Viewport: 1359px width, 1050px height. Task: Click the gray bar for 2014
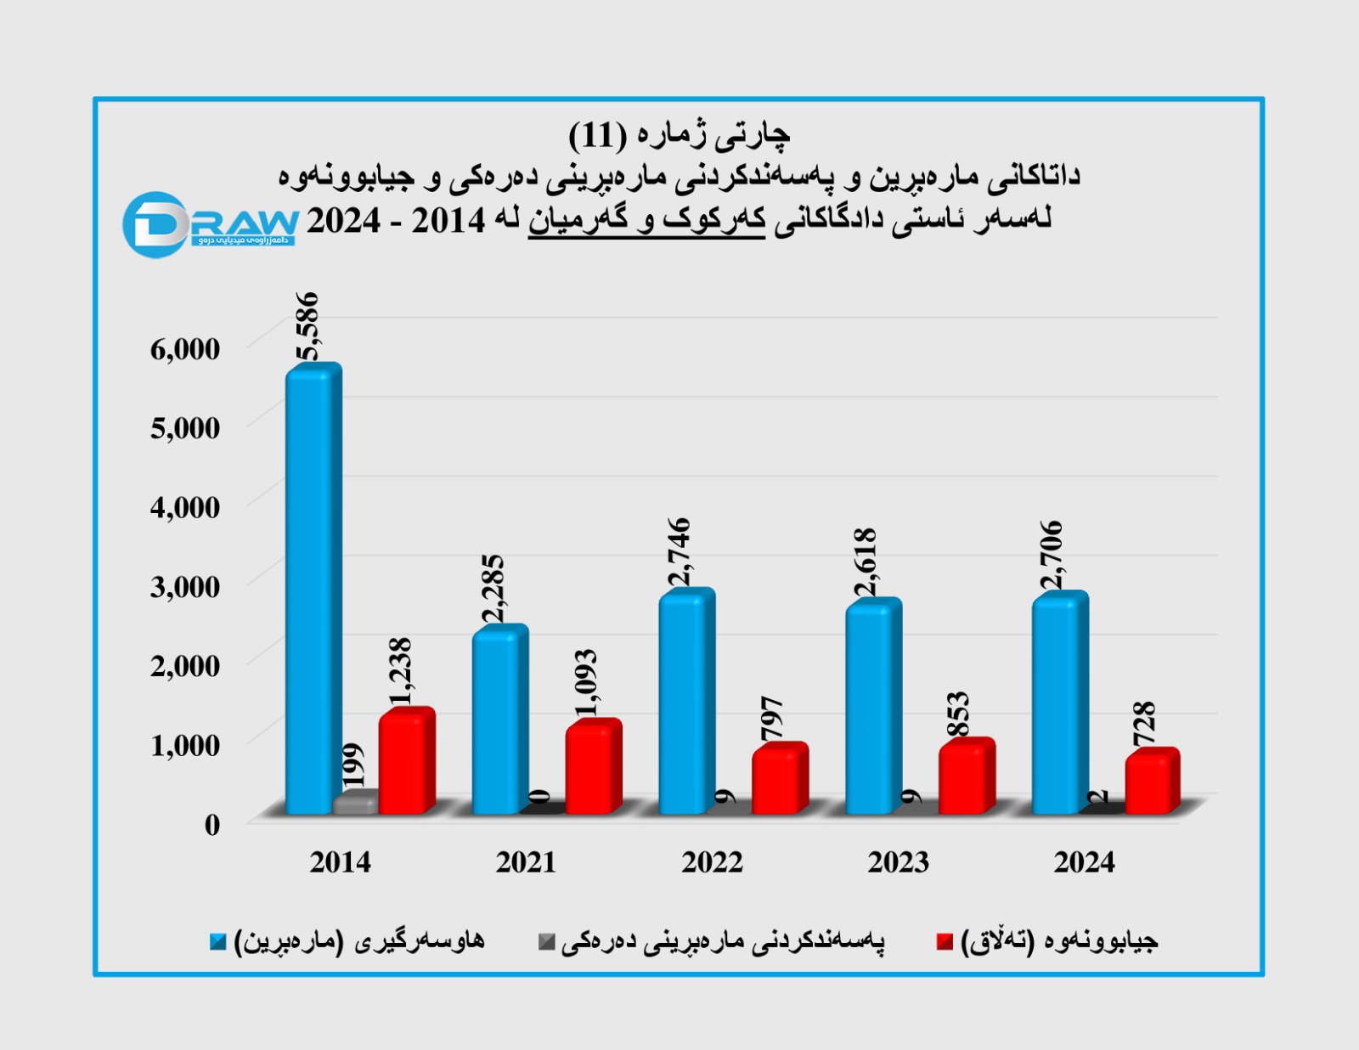tap(355, 803)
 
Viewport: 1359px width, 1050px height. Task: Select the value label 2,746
tap(679, 551)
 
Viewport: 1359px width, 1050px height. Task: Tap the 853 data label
tap(957, 714)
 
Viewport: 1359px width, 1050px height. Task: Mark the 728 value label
tap(1145, 723)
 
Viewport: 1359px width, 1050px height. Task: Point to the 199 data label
tap(352, 765)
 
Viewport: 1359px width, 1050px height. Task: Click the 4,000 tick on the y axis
tap(185, 507)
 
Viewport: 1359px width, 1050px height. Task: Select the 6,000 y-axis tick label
tap(185, 348)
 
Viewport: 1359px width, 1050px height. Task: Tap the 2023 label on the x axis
tap(899, 862)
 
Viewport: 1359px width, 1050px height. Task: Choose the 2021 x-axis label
tap(526, 862)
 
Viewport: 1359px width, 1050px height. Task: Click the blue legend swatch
tap(218, 941)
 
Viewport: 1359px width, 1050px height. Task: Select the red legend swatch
tap(945, 941)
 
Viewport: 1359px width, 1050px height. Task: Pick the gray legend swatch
tap(547, 941)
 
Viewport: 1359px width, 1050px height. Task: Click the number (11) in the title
tap(597, 134)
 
